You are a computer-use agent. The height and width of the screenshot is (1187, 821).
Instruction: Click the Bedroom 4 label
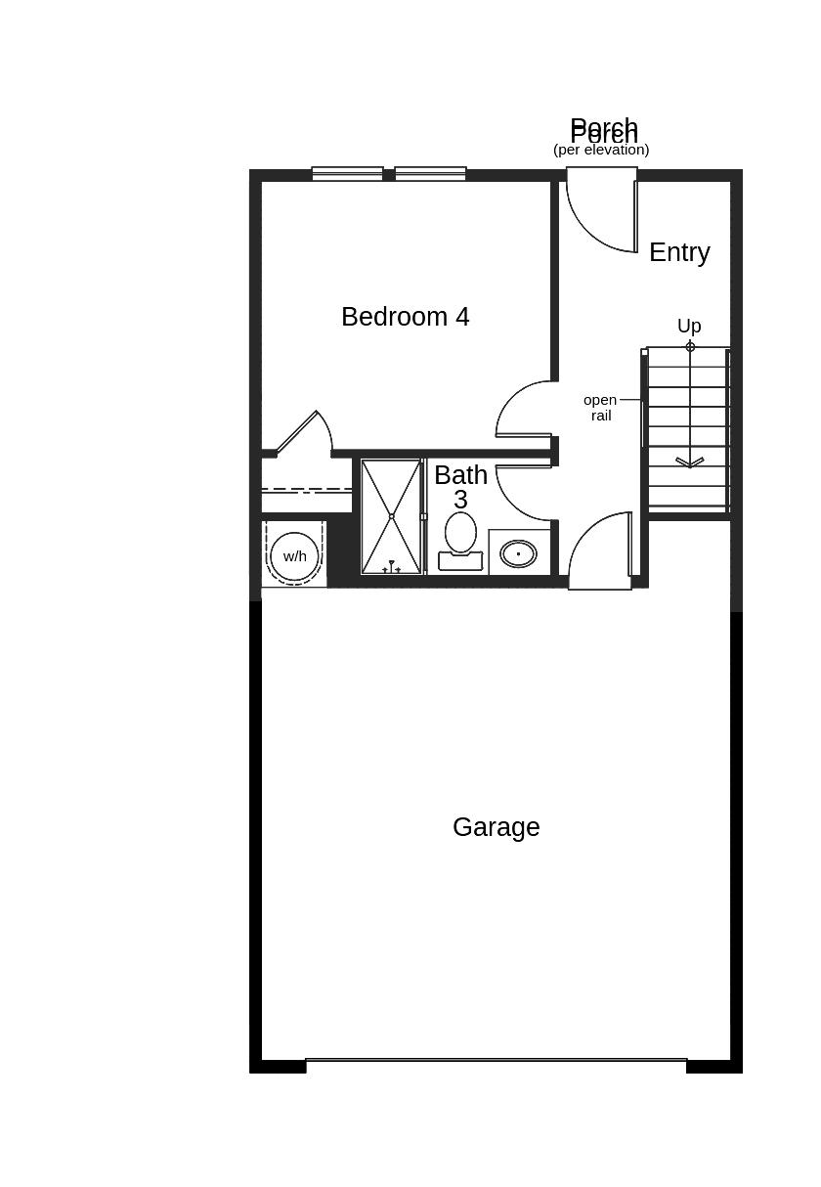405,317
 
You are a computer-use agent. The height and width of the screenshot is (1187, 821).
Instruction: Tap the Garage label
496,827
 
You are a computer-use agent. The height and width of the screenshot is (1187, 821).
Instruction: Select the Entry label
679,252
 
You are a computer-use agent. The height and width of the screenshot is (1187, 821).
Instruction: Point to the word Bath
460,475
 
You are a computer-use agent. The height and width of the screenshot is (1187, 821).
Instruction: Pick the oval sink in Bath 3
518,554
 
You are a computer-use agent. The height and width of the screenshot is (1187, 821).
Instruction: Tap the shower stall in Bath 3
391,516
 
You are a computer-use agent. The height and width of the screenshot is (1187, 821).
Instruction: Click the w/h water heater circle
294,556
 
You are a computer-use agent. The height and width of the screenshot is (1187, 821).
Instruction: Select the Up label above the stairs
689,326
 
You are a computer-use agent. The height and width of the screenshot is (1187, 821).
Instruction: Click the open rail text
600,407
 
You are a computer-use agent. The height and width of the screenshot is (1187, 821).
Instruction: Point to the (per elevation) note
601,151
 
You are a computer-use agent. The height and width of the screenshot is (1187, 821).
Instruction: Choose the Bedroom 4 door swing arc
523,409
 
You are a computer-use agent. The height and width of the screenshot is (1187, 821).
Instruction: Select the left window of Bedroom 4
347,174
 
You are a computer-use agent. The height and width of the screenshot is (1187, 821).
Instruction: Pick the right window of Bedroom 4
430,174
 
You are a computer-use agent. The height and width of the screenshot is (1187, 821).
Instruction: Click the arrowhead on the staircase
690,462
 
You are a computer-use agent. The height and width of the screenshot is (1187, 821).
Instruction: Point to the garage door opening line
496,1060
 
